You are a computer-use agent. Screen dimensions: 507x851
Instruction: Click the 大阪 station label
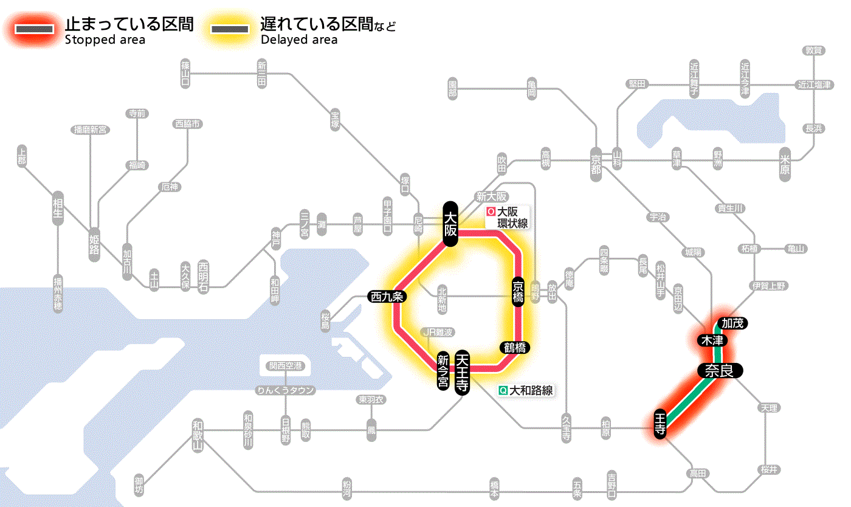coord(450,224)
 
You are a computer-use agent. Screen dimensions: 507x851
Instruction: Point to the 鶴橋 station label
coord(514,348)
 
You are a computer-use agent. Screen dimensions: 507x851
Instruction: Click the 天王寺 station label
coord(463,373)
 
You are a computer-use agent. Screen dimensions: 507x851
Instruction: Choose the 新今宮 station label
coord(443,371)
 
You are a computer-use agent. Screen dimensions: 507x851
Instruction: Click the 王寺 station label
coord(661,424)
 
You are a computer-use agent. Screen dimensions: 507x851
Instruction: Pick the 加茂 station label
coord(732,323)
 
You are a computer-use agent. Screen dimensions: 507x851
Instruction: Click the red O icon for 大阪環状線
coord(491,212)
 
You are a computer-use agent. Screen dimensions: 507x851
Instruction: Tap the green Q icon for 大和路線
coord(503,391)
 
